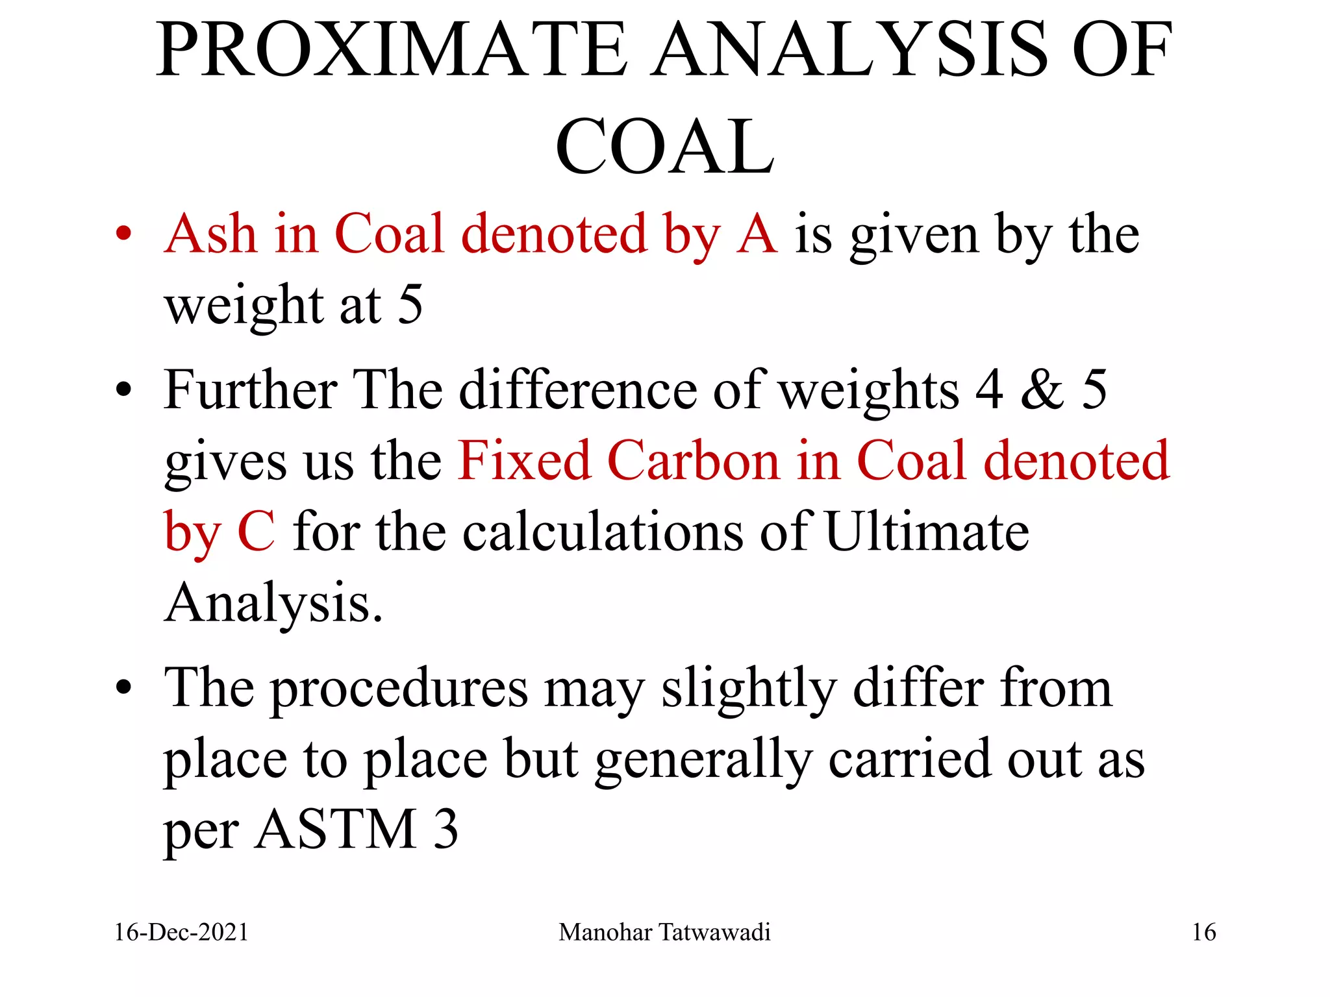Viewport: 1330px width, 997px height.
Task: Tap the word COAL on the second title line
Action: (x=664, y=147)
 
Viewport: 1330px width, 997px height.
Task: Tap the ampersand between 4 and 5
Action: (x=1042, y=389)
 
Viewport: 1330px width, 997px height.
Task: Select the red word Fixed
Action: (x=524, y=461)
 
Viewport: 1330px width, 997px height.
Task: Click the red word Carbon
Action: (x=693, y=461)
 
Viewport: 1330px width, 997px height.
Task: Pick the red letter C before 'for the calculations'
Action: (x=256, y=532)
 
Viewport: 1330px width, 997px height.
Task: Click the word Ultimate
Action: (x=927, y=532)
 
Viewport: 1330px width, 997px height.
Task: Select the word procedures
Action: (x=399, y=689)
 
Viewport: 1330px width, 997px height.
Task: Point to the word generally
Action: (x=704, y=761)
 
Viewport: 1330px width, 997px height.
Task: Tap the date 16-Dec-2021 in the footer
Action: (x=181, y=933)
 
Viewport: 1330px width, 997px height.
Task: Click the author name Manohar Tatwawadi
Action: (x=664, y=933)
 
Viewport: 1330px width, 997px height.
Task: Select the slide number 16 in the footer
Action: (x=1203, y=933)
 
